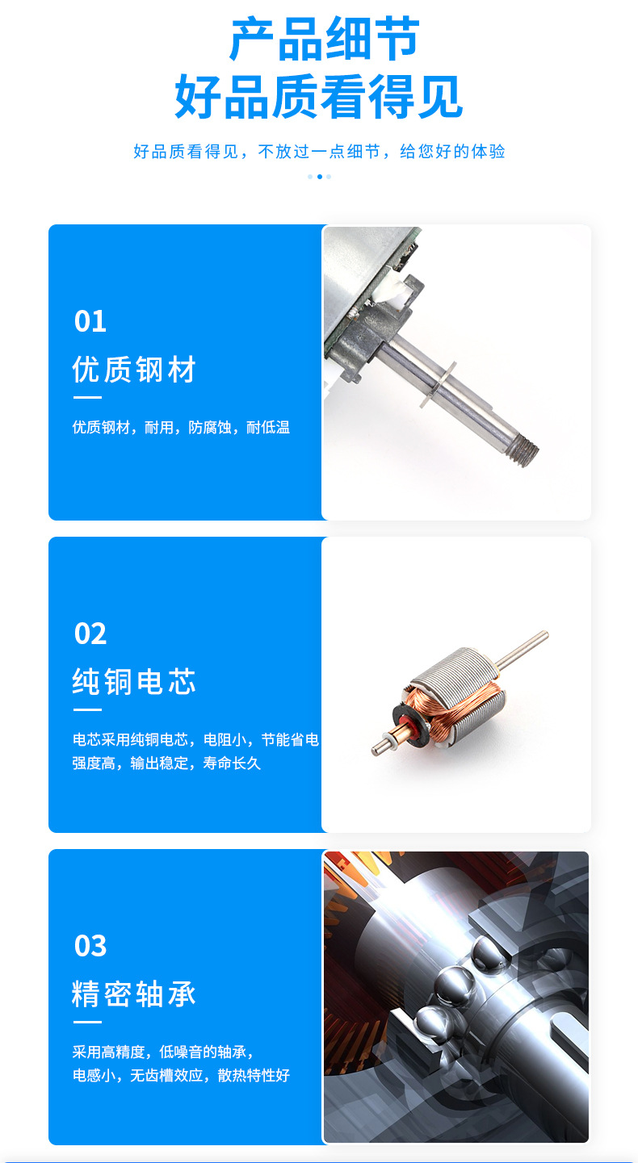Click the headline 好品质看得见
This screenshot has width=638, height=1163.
pyautogui.click(x=319, y=97)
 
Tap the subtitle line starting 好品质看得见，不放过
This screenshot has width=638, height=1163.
pyautogui.click(x=319, y=152)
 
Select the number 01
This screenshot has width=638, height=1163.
pyautogui.click(x=90, y=322)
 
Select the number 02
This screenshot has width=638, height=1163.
pyautogui.click(x=90, y=634)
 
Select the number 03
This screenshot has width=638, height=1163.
pyautogui.click(x=90, y=946)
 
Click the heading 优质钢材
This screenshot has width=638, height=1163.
pyautogui.click(x=134, y=370)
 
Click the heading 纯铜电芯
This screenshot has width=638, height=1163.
pyautogui.click(x=134, y=683)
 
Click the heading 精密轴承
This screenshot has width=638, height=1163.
pyautogui.click(x=134, y=994)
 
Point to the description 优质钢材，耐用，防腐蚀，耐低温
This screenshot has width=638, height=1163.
pyautogui.click(x=181, y=428)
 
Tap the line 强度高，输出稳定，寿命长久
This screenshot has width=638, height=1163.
pyautogui.click(x=166, y=763)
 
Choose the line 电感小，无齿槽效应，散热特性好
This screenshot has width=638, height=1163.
pyautogui.click(x=181, y=1076)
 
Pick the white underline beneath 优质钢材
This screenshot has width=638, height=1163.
pyautogui.click(x=87, y=397)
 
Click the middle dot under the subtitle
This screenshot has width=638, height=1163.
pyautogui.click(x=319, y=177)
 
